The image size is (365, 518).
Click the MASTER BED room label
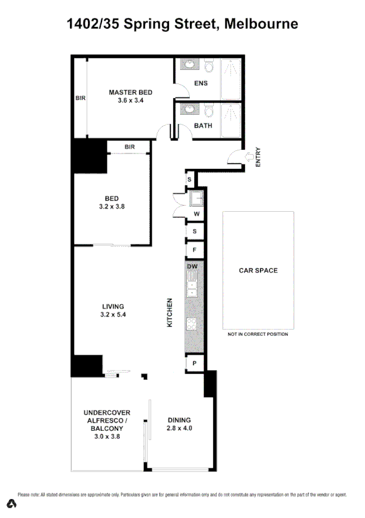130,93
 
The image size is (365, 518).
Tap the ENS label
200,83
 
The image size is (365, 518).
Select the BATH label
203,126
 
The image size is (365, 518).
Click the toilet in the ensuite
209,66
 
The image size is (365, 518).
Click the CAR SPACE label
257,270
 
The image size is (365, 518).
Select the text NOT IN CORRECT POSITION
257,334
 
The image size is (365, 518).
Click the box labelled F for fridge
194,250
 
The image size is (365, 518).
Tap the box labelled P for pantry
194,363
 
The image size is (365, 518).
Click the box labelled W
197,214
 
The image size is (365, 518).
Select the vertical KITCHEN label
170,312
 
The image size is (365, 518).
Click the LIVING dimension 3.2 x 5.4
112,315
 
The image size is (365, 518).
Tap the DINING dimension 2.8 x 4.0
180,428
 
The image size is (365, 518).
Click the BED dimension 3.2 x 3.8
111,207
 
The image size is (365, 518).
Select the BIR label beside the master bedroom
80,98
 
